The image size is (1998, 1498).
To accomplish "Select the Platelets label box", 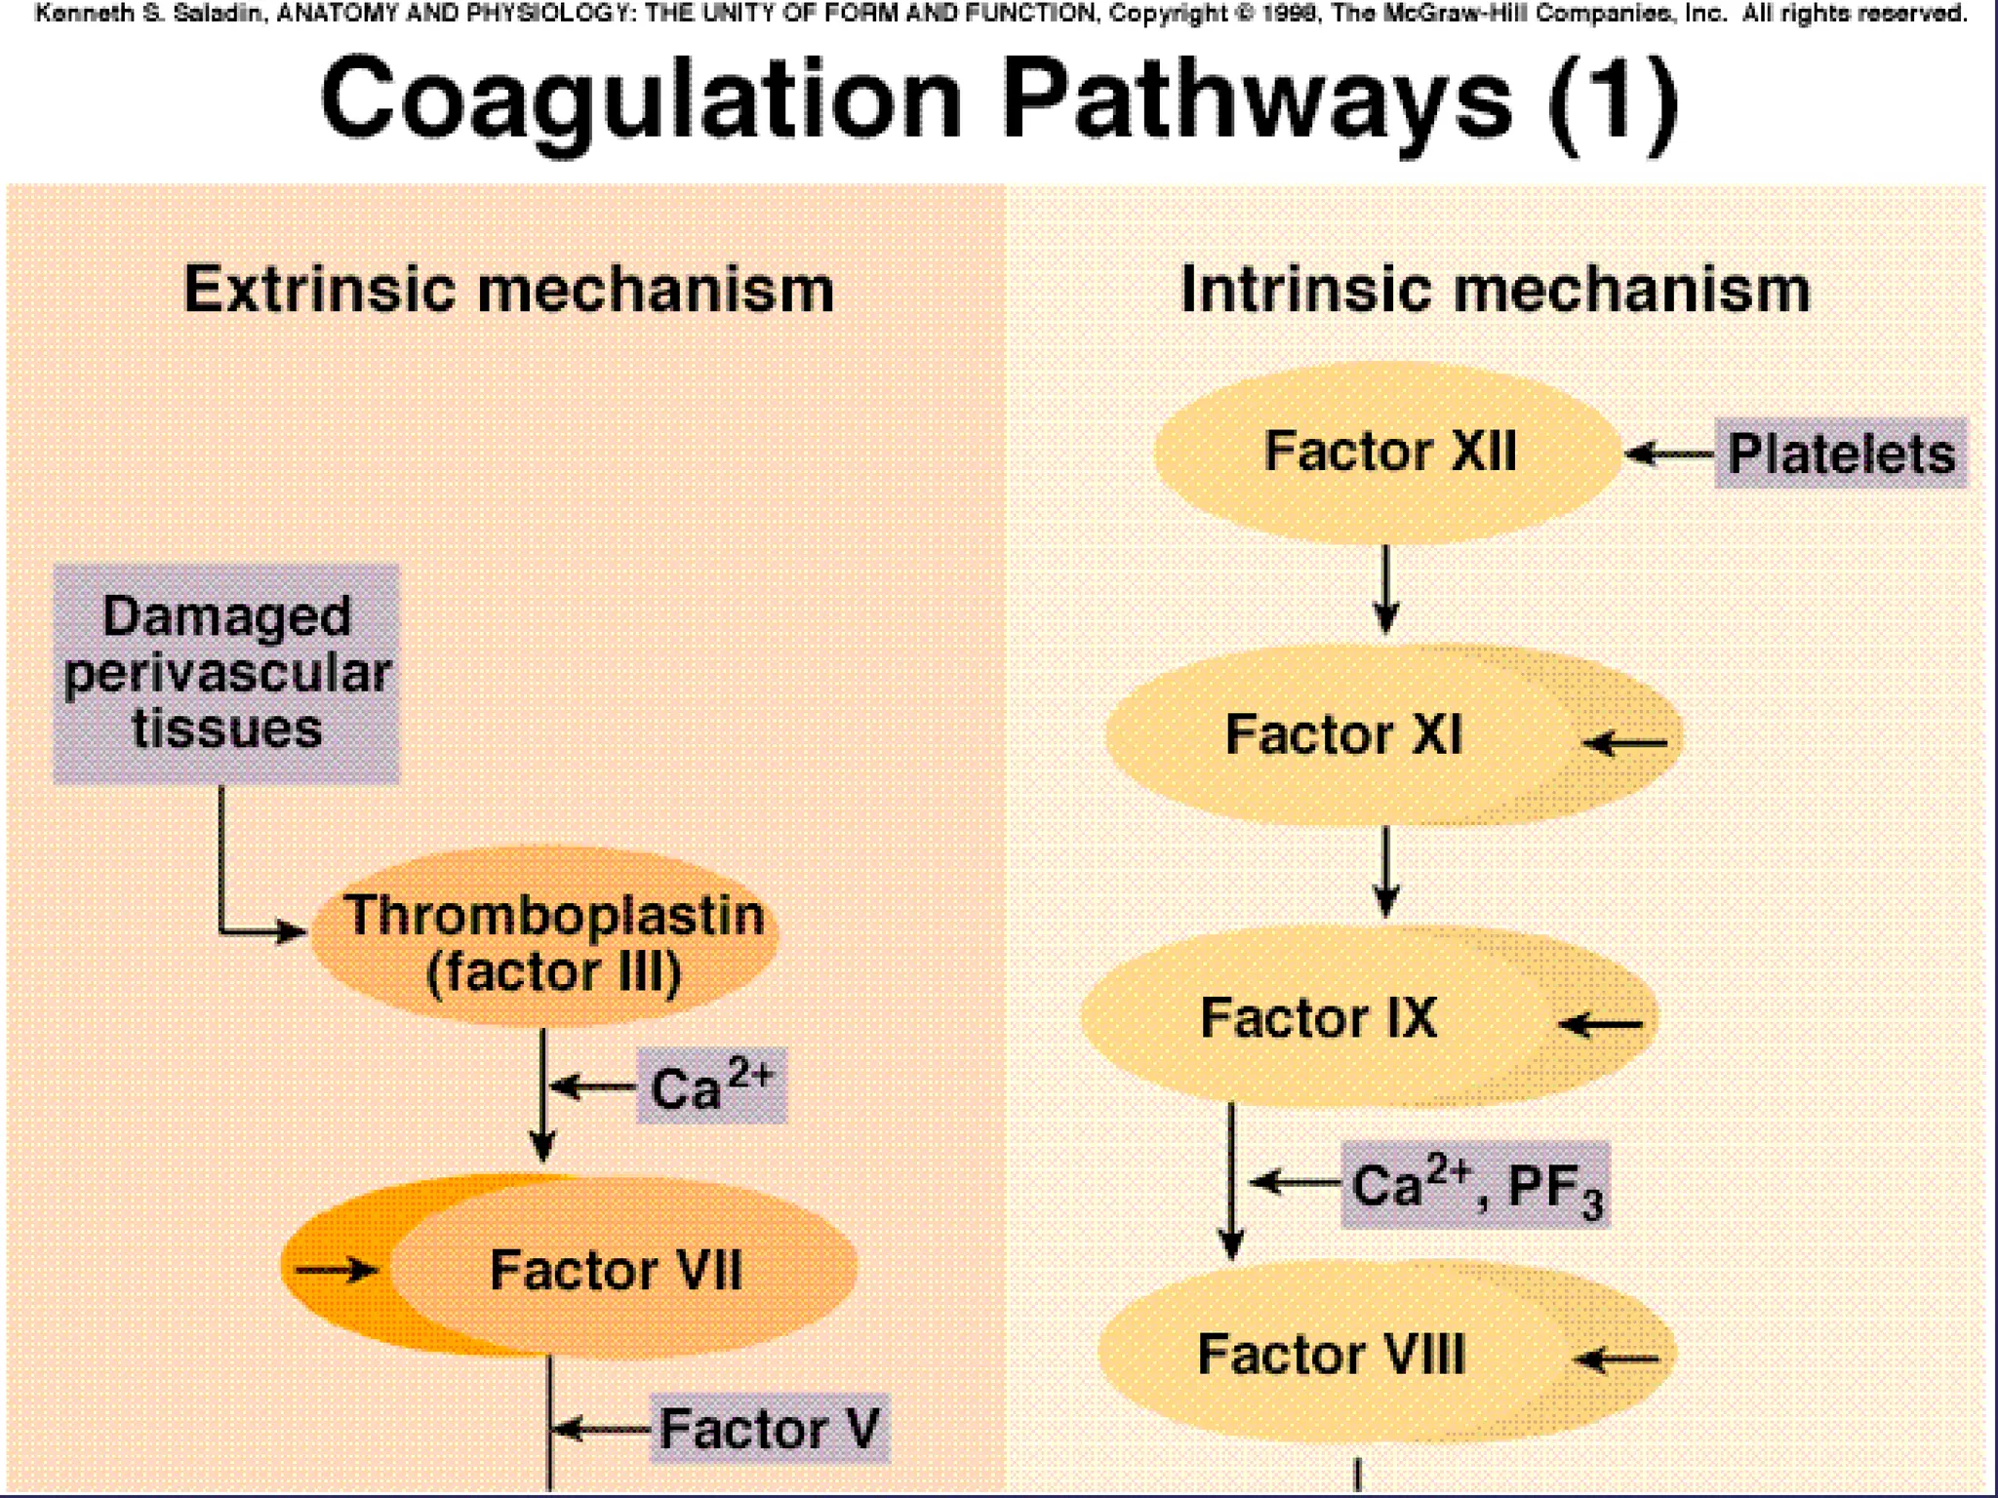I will coord(1841,453).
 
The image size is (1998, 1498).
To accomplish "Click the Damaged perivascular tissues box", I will coord(226,673).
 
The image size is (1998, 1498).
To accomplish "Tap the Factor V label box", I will coord(771,1429).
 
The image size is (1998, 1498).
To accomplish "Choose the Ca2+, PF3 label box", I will coord(1475,1184).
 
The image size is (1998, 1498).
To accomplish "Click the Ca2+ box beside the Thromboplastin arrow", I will coord(711,1086).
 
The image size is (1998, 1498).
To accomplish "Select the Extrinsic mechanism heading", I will coord(509,290).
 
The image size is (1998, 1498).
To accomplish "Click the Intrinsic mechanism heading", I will coord(1495,290).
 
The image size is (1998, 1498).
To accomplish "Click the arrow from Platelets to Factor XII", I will coord(1669,453).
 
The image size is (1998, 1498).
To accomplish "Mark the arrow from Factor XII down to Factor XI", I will coord(1386,589).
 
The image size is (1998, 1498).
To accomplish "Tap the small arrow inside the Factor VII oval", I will coord(337,1270).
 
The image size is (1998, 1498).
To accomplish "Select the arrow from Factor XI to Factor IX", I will coord(1386,871).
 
